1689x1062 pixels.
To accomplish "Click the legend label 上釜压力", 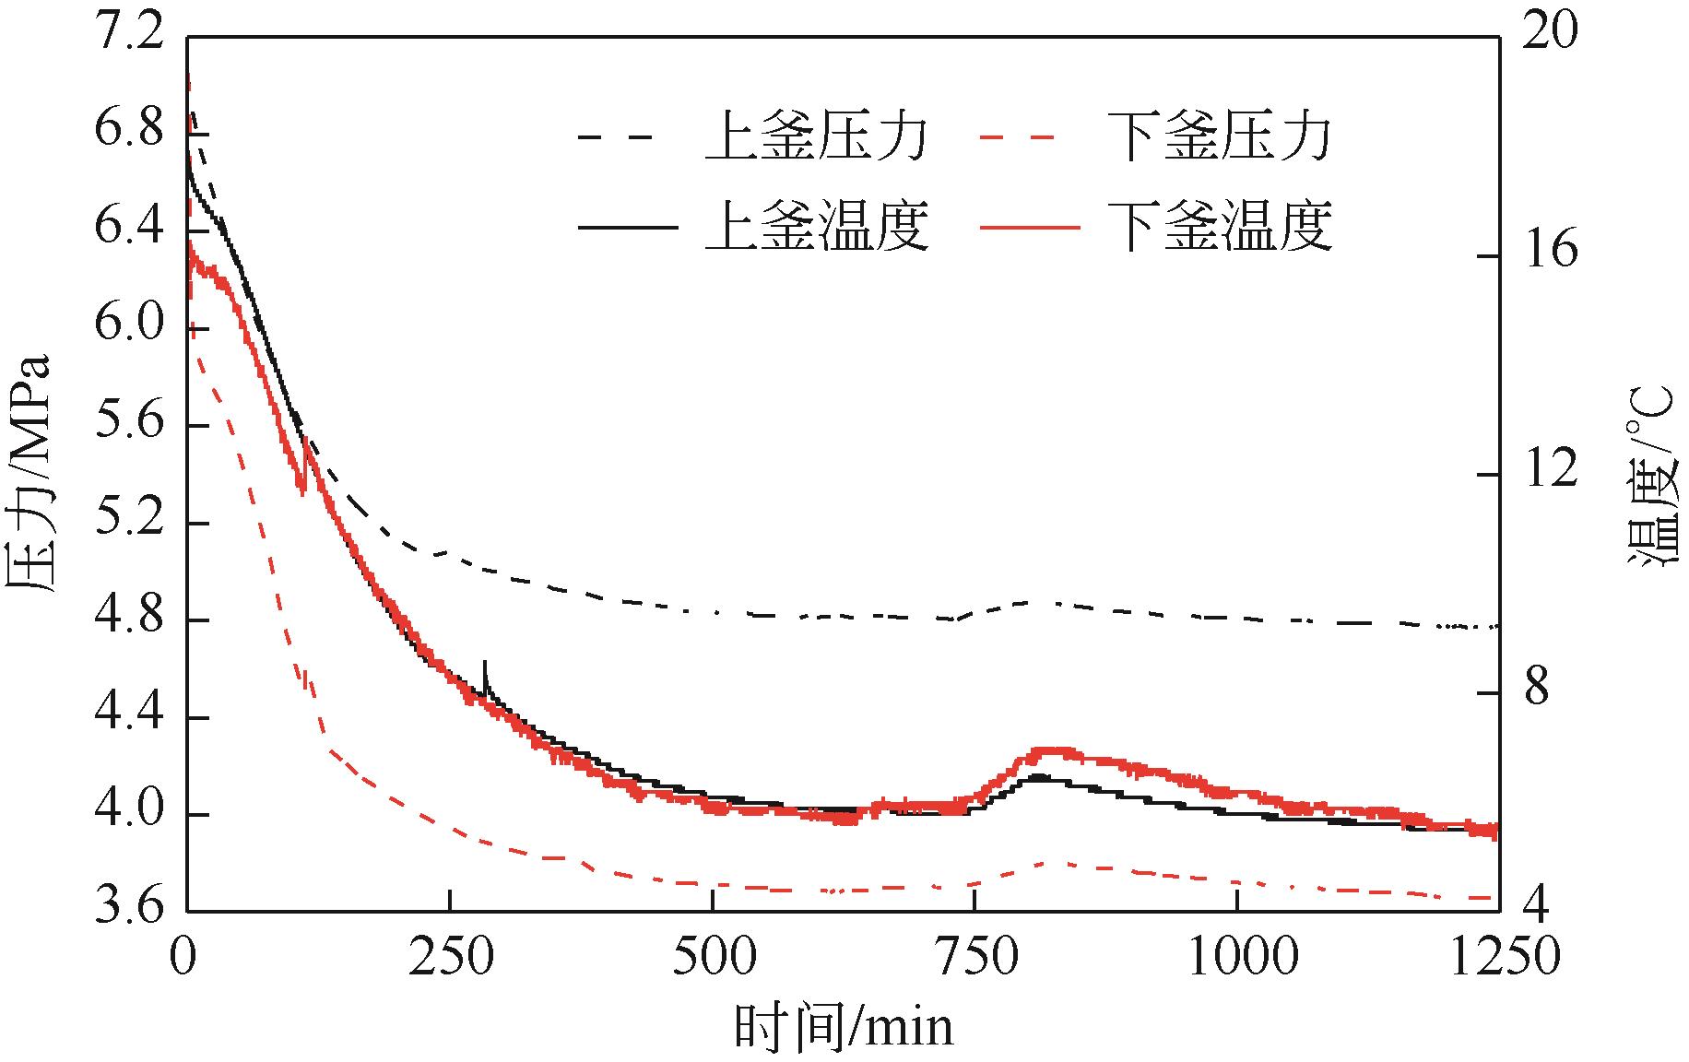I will (816, 138).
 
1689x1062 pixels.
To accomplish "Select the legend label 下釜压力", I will (1219, 138).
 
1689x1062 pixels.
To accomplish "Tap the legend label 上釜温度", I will (816, 226).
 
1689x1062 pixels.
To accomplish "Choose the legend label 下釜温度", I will (1219, 226).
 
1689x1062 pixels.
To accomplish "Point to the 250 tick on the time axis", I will (450, 957).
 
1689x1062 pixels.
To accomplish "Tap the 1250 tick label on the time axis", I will (1498, 957).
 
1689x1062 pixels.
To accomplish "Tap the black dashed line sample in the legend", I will (616, 138).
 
